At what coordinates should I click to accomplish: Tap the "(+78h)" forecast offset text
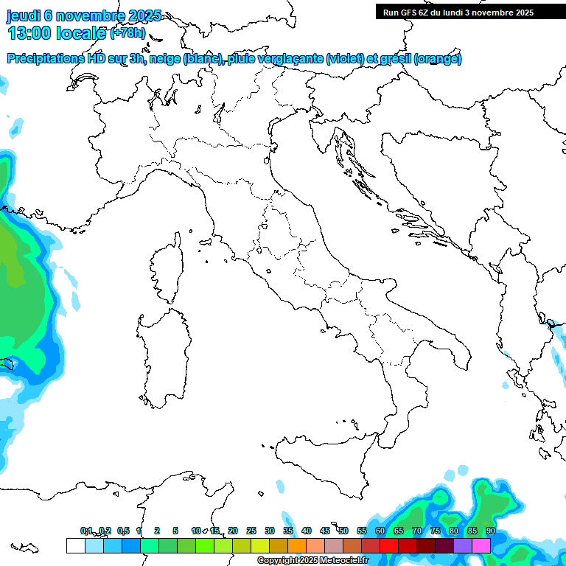click(127, 33)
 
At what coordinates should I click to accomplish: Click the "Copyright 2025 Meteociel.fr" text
click(312, 561)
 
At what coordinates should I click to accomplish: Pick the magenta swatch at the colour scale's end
click(481, 545)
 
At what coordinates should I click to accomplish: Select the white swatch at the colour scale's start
click(75, 545)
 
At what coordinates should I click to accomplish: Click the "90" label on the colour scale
click(491, 531)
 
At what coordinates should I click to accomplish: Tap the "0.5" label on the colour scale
click(123, 531)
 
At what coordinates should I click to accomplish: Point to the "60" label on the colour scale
click(380, 531)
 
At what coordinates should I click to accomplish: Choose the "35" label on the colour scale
click(288, 531)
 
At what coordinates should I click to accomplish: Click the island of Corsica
click(167, 267)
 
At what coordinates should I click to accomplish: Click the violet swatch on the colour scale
click(463, 545)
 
